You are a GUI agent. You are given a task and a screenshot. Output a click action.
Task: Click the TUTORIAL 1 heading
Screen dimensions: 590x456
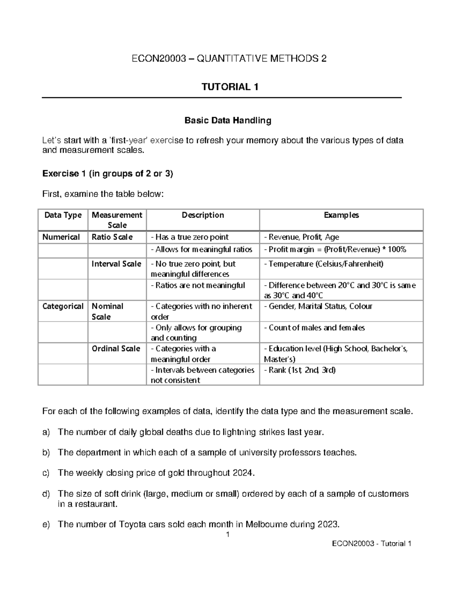tap(230, 87)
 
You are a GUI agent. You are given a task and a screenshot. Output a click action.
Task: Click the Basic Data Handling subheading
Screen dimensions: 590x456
tap(228, 121)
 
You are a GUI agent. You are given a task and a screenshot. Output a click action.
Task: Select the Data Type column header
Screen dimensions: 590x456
tap(63, 215)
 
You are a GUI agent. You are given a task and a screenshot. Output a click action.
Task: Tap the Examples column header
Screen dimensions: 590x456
tap(341, 215)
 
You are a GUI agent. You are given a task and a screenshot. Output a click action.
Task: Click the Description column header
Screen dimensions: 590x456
tap(203, 215)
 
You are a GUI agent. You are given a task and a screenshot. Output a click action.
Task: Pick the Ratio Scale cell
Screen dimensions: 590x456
tap(112, 237)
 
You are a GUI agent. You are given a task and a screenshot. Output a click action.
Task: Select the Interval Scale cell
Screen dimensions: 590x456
tap(116, 264)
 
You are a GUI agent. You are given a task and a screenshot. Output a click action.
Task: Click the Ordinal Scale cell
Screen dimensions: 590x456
tap(116, 349)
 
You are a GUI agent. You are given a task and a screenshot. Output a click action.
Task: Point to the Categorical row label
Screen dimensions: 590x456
tap(63, 307)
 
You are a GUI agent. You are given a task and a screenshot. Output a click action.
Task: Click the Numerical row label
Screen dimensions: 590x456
tap(61, 237)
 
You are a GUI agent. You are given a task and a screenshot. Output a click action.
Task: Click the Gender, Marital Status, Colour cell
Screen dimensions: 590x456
tap(320, 307)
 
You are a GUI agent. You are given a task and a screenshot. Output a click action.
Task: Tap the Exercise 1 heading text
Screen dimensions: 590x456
tap(108, 174)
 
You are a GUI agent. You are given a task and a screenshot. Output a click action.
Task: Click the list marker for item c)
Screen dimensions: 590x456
tap(46, 473)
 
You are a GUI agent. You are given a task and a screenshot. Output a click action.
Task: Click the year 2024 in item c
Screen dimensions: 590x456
tap(242, 473)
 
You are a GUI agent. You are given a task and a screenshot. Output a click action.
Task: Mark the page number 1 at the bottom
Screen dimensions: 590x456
tap(228, 535)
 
